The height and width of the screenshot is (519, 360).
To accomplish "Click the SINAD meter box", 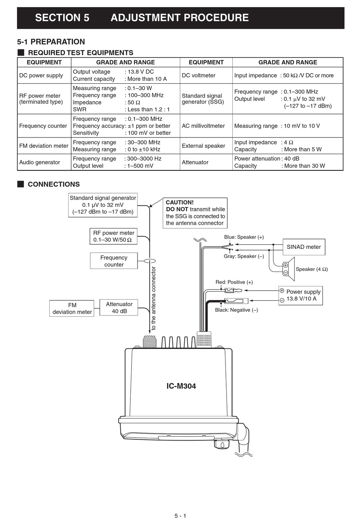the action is click(304, 247).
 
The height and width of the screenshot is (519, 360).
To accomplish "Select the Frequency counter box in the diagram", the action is click(114, 261).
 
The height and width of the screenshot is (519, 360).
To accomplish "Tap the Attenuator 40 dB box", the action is click(119, 308).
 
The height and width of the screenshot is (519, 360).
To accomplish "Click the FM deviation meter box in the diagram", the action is click(72, 308).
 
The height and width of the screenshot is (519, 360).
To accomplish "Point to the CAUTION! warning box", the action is click(195, 213).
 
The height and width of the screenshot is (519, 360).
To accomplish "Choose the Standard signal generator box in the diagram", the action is click(103, 205).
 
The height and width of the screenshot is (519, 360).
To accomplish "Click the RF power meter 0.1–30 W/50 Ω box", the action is click(113, 236).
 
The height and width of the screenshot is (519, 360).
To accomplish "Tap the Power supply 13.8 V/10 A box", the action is click(301, 295).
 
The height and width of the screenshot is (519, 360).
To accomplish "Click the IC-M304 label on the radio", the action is click(181, 386).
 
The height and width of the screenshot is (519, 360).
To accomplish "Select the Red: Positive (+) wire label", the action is click(234, 282).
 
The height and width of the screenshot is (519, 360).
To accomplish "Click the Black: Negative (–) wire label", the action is click(236, 310).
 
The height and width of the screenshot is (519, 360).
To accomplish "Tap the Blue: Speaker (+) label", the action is click(244, 237).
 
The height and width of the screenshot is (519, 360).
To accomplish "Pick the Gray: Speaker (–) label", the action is click(244, 256).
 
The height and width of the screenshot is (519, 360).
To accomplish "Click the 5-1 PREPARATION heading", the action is click(51, 42).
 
